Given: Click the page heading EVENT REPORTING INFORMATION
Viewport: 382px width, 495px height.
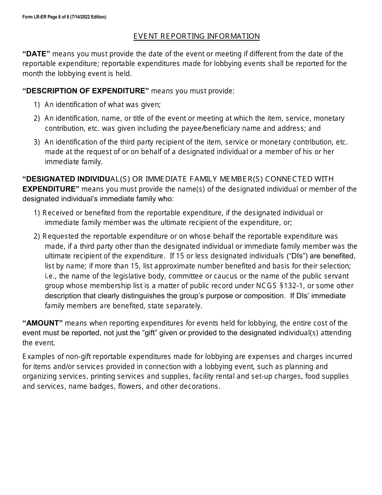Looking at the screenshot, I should coord(196,36).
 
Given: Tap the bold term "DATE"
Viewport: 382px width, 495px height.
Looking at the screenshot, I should coord(36,54).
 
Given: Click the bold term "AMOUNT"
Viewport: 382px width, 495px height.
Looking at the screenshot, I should coord(43,323).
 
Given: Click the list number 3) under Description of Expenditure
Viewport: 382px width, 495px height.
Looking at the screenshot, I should coord(37,142).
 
